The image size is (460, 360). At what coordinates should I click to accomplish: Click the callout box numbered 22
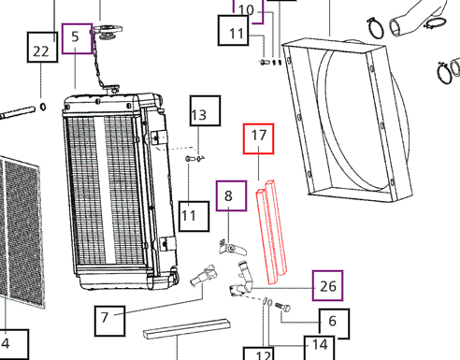click(42, 47)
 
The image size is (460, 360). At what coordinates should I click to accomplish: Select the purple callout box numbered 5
click(77, 38)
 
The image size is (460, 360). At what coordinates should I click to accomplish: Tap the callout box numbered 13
click(206, 111)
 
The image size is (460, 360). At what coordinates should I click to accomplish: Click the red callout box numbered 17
click(259, 138)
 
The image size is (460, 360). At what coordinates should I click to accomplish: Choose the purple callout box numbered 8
click(232, 195)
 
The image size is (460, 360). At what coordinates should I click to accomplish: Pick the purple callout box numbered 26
click(328, 286)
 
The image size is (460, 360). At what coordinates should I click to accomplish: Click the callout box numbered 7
click(110, 322)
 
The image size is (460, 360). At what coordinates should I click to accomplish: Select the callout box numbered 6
click(334, 324)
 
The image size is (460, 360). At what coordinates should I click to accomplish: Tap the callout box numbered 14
click(320, 348)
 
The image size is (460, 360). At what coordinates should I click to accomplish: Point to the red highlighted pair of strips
click(271, 232)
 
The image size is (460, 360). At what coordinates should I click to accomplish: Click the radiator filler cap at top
click(107, 32)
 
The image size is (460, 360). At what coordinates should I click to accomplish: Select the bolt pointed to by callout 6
click(283, 307)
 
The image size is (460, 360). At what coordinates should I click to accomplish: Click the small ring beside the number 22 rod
click(43, 107)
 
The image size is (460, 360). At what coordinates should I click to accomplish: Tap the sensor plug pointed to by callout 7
click(203, 276)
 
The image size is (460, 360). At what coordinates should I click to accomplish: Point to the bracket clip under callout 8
click(233, 248)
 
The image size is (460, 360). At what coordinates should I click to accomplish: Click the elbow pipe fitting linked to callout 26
click(242, 280)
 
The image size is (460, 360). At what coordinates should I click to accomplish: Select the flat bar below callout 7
click(187, 329)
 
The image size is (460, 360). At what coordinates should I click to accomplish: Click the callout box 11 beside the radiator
click(194, 216)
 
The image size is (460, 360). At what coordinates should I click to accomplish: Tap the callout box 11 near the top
click(234, 31)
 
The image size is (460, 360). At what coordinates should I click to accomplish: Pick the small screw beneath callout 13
click(190, 159)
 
